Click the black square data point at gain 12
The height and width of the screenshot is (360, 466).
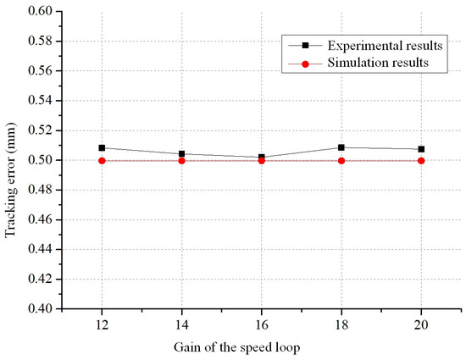point(102,147)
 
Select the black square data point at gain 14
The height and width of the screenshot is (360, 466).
point(181,153)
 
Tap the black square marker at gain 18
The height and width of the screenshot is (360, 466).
point(341,147)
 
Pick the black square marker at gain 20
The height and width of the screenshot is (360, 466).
point(421,149)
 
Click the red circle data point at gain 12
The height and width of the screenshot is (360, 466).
point(102,160)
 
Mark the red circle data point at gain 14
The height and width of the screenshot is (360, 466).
point(181,160)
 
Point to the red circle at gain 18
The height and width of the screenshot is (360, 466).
point(341,160)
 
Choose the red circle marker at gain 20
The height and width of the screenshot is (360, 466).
point(421,160)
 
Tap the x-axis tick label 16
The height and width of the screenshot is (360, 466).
point(261,325)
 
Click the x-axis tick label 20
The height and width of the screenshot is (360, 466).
point(421,325)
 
